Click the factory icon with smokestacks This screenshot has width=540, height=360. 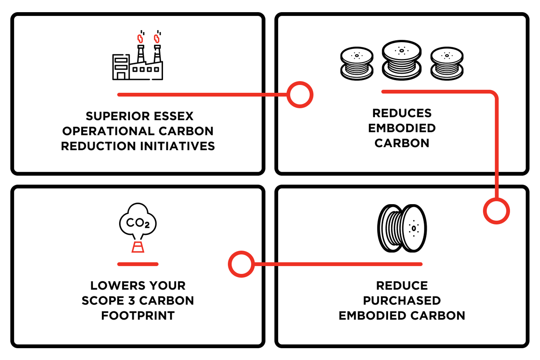138,55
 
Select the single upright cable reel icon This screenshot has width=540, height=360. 402,228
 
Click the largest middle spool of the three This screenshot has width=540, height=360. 402,60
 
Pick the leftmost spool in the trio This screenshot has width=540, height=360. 357,64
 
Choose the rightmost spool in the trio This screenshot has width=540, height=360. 447,64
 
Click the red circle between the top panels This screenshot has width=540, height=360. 300,95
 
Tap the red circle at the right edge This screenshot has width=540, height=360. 496,211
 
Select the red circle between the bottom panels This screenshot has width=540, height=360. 241,264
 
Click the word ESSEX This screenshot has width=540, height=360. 173,116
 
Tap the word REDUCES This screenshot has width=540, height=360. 402,113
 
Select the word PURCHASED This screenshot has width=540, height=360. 402,301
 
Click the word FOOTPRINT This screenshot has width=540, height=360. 138,316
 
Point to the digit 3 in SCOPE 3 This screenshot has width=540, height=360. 131,301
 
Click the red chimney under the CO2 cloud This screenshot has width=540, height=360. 138,247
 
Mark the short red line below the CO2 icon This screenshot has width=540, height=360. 138,264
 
